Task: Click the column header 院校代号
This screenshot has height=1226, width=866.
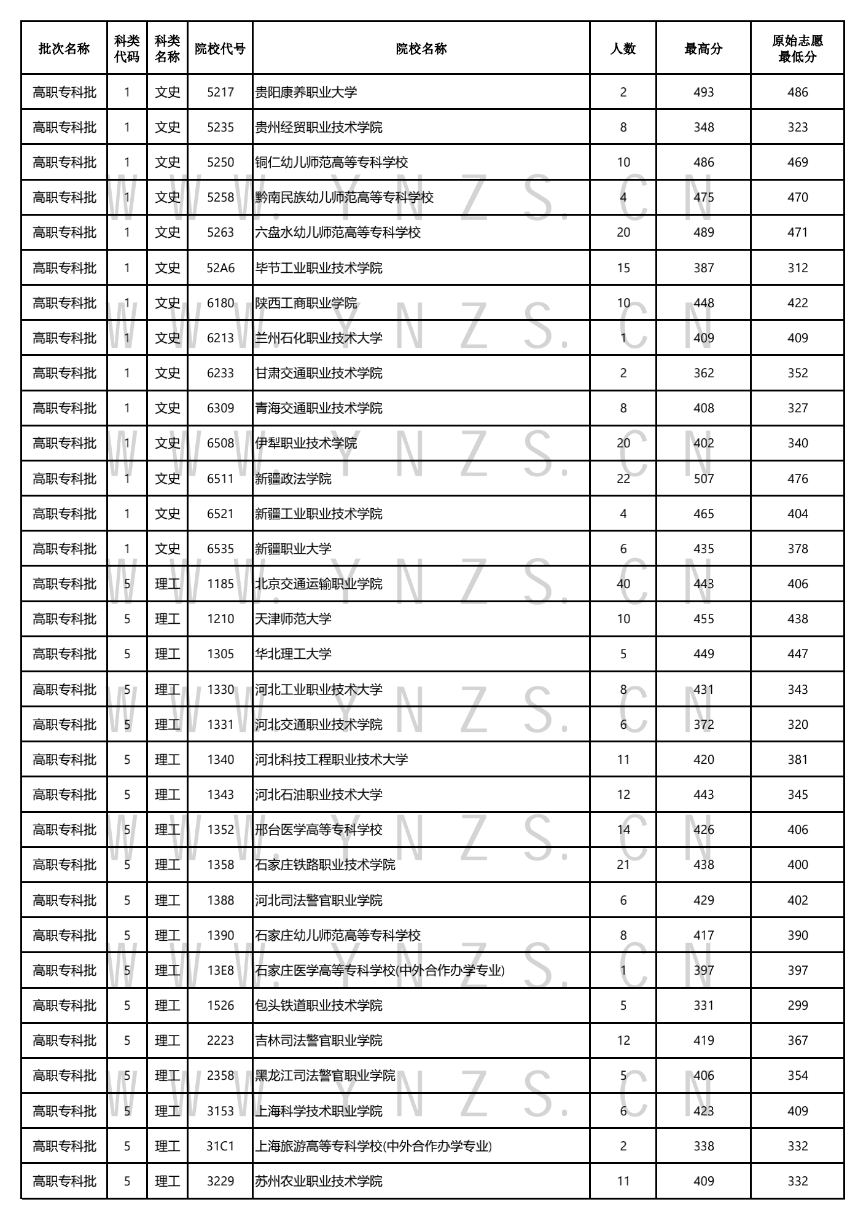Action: [x=220, y=49]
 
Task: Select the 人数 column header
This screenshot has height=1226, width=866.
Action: [x=623, y=49]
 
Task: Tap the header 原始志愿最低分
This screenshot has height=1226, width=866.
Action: [x=797, y=49]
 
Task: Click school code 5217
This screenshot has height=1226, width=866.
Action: [x=220, y=92]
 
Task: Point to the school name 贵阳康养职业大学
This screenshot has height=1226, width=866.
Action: [x=306, y=92]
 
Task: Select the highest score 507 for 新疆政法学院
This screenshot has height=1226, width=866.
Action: [x=703, y=479]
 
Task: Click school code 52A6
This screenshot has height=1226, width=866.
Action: [x=220, y=268]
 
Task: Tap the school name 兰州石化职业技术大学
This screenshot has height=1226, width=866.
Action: [x=319, y=338]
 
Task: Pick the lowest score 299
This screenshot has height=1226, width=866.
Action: [x=797, y=1005]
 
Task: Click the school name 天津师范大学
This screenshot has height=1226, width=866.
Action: [x=293, y=619]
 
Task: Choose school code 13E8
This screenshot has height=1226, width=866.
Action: [x=220, y=970]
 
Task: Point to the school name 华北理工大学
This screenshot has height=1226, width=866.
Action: [x=293, y=654]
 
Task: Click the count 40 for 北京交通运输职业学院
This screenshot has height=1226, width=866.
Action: [x=623, y=584]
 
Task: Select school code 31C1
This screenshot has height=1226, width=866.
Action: [x=220, y=1146]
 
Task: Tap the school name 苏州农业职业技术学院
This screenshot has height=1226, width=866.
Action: [x=319, y=1181]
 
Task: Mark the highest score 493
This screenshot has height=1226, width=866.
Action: [x=703, y=92]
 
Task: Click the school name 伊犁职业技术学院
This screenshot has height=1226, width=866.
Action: [x=306, y=443]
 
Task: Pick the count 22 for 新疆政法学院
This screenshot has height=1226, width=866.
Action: [x=623, y=479]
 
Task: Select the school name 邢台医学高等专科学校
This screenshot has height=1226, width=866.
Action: [x=319, y=830]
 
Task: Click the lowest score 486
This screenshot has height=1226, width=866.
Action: [x=797, y=92]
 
